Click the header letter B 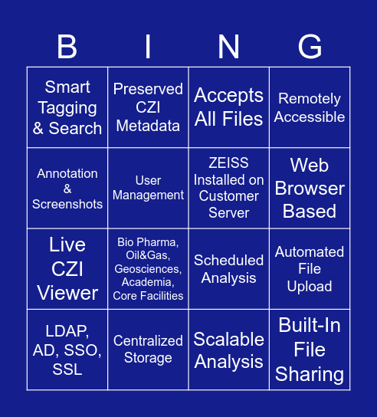tap(67, 47)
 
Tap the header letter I tap(148, 47)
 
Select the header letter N tap(228, 47)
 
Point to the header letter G tap(310, 47)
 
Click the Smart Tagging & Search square tap(67, 107)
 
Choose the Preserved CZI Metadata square tap(148, 107)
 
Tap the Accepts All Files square tap(228, 107)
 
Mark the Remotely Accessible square tap(310, 107)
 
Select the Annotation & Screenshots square tap(67, 189)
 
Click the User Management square tap(148, 189)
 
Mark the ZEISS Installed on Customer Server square tap(228, 189)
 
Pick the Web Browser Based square tap(310, 189)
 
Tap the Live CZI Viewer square tap(67, 269)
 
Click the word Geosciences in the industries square tap(148, 269)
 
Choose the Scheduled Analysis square tap(228, 269)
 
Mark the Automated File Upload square tap(310, 269)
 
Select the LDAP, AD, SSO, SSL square tap(67, 350)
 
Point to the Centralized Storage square tap(148, 350)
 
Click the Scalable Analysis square tap(228, 350)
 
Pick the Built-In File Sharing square tap(310, 350)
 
